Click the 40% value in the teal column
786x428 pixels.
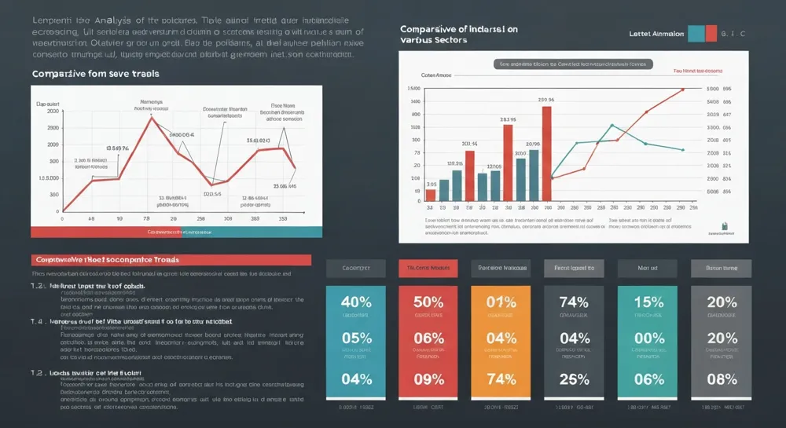[356, 302]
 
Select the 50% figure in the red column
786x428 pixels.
[428, 302]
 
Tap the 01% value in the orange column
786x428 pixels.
[501, 302]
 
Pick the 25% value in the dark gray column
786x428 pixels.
[574, 379]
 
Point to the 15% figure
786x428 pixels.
[648, 302]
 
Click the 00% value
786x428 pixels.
[648, 339]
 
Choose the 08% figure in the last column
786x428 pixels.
[722, 379]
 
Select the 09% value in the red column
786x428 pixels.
[428, 379]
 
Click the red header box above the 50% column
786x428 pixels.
[428, 269]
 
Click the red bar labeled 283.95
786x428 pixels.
[509, 163]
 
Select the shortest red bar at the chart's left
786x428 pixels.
[431, 195]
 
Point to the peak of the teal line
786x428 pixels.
[612, 125]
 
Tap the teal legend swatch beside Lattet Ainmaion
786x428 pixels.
[696, 33]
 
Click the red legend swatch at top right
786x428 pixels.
[711, 33]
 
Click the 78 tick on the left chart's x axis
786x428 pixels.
[146, 219]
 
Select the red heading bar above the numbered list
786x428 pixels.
[171, 259]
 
